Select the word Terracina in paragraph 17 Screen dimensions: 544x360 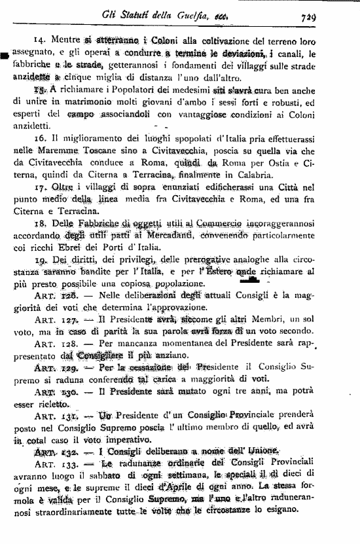(83, 229)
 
